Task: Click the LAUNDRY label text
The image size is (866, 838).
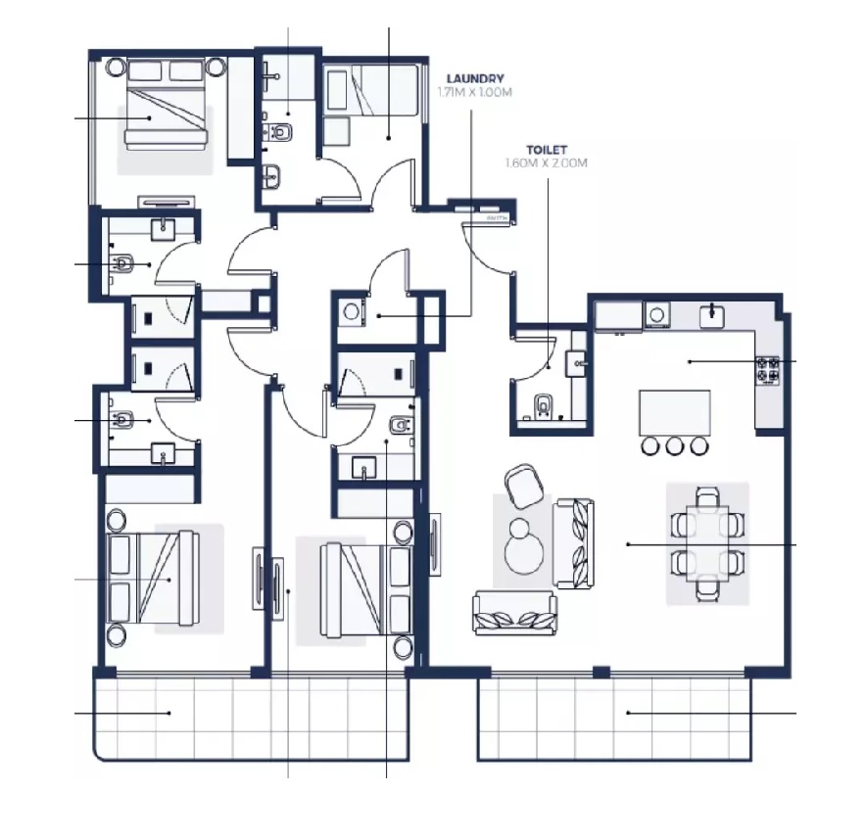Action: (475, 79)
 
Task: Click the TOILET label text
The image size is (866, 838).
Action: (547, 150)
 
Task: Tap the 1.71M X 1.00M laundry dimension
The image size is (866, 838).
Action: (475, 93)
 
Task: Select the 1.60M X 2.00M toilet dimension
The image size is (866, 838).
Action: (547, 163)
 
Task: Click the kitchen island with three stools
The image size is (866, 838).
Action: (675, 412)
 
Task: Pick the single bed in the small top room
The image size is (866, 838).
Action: (371, 92)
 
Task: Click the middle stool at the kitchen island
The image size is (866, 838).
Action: (675, 446)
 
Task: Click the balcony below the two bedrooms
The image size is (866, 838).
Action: (249, 720)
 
